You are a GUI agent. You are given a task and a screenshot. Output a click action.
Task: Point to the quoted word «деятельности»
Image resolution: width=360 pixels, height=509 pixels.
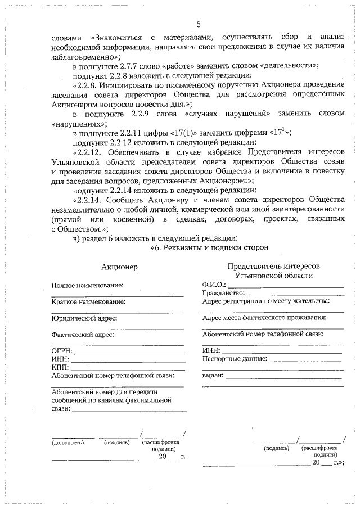click(x=287, y=66)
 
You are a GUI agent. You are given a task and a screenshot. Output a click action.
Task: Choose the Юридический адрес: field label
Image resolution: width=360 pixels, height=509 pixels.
click(x=82, y=318)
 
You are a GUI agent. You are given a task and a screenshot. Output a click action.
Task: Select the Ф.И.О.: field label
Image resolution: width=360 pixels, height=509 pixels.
click(x=214, y=285)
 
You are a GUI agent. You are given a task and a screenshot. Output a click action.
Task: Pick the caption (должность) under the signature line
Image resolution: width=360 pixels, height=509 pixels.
click(x=67, y=442)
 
